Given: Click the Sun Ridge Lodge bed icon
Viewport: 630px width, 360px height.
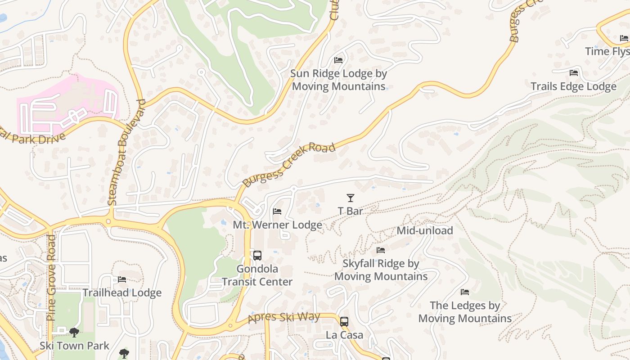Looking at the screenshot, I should pyautogui.click(x=338, y=60).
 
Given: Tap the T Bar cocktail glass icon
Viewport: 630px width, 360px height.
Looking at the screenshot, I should pyautogui.click(x=350, y=198).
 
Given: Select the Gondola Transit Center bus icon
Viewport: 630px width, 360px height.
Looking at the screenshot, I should pyautogui.click(x=257, y=256).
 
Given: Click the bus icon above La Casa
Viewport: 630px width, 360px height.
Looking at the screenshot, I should pyautogui.click(x=344, y=322).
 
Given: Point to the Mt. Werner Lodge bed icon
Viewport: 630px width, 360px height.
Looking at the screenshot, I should pyautogui.click(x=277, y=211).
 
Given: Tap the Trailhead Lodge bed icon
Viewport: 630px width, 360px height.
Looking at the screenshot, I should pyautogui.click(x=122, y=279).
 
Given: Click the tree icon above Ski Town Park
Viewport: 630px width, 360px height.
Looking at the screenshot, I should pyautogui.click(x=74, y=333).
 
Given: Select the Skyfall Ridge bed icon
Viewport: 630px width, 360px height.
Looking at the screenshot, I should pyautogui.click(x=381, y=250).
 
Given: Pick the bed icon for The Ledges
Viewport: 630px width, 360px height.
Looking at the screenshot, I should pyautogui.click(x=465, y=292).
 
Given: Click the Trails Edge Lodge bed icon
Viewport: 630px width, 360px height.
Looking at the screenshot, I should pyautogui.click(x=573, y=72).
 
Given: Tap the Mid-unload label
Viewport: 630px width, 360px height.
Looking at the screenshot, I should pyautogui.click(x=424, y=231).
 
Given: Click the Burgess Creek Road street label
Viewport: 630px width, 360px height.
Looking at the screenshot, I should pyautogui.click(x=289, y=165).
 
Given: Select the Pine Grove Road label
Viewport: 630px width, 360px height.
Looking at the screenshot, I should pyautogui.click(x=51, y=277).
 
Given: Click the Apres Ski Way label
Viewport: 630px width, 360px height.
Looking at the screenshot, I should pyautogui.click(x=284, y=318).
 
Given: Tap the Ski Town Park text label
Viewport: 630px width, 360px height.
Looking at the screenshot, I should pyautogui.click(x=74, y=346).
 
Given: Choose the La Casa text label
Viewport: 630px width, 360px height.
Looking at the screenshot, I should pyautogui.click(x=344, y=335).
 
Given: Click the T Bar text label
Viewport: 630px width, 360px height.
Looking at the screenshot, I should pyautogui.click(x=350, y=211).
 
